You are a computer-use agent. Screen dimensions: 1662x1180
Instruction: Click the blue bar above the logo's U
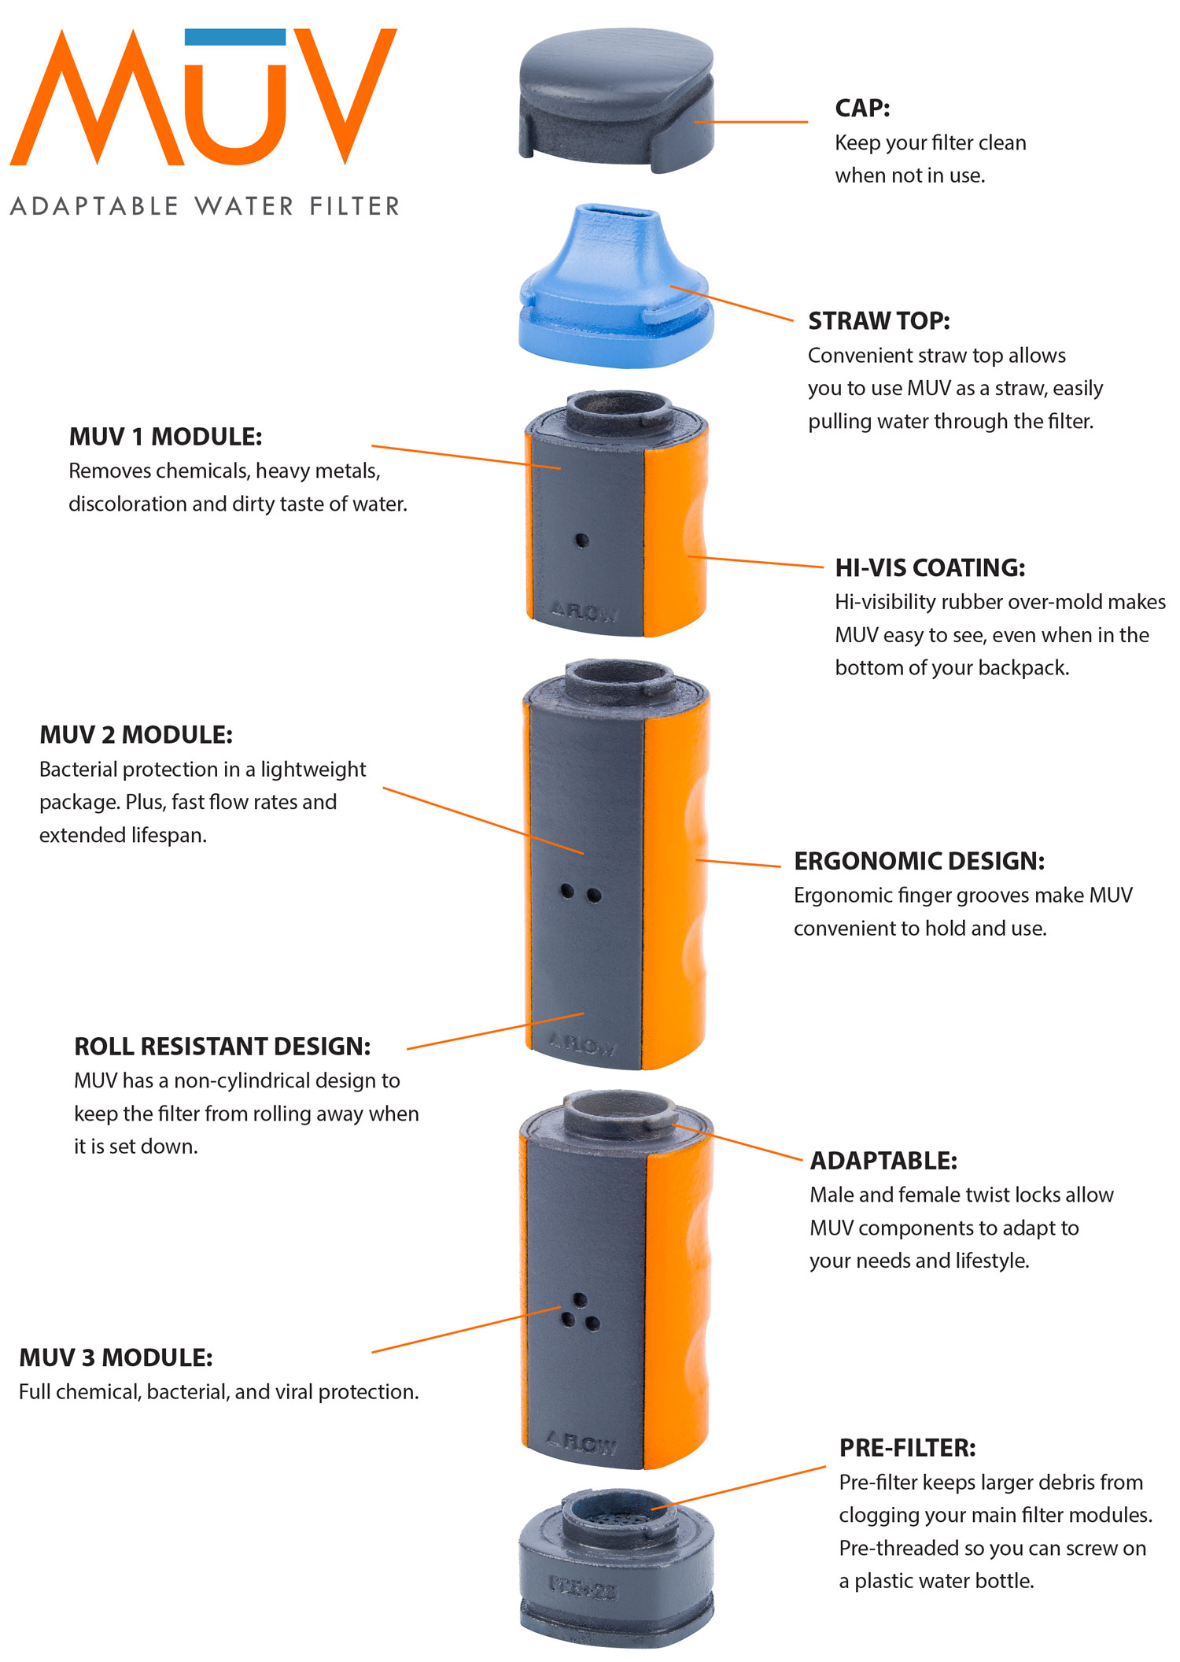coord(234,37)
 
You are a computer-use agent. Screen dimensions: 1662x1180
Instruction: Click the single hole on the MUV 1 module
coord(581,541)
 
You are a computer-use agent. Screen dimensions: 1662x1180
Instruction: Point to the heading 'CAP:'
coord(862,109)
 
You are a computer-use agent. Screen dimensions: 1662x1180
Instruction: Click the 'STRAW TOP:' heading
coord(879,321)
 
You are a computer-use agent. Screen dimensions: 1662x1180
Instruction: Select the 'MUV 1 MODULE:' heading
coord(165,437)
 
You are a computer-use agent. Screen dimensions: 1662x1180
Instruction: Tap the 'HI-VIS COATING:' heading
coord(930,567)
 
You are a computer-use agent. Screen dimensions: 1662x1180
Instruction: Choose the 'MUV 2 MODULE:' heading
coord(136,735)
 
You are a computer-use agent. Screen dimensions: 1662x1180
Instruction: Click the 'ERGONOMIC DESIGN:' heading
coord(919,861)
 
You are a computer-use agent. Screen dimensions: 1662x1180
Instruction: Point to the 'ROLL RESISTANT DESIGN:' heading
coord(222,1047)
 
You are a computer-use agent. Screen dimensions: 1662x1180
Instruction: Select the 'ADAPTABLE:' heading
coord(883,1161)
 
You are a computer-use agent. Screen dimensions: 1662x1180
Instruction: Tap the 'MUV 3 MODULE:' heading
coord(116,1357)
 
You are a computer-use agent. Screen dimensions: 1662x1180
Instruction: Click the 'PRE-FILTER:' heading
coord(907,1448)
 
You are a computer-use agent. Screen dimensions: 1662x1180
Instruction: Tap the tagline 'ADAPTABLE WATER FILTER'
coord(205,206)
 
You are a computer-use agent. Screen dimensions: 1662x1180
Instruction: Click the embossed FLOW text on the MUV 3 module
coord(583,1443)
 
